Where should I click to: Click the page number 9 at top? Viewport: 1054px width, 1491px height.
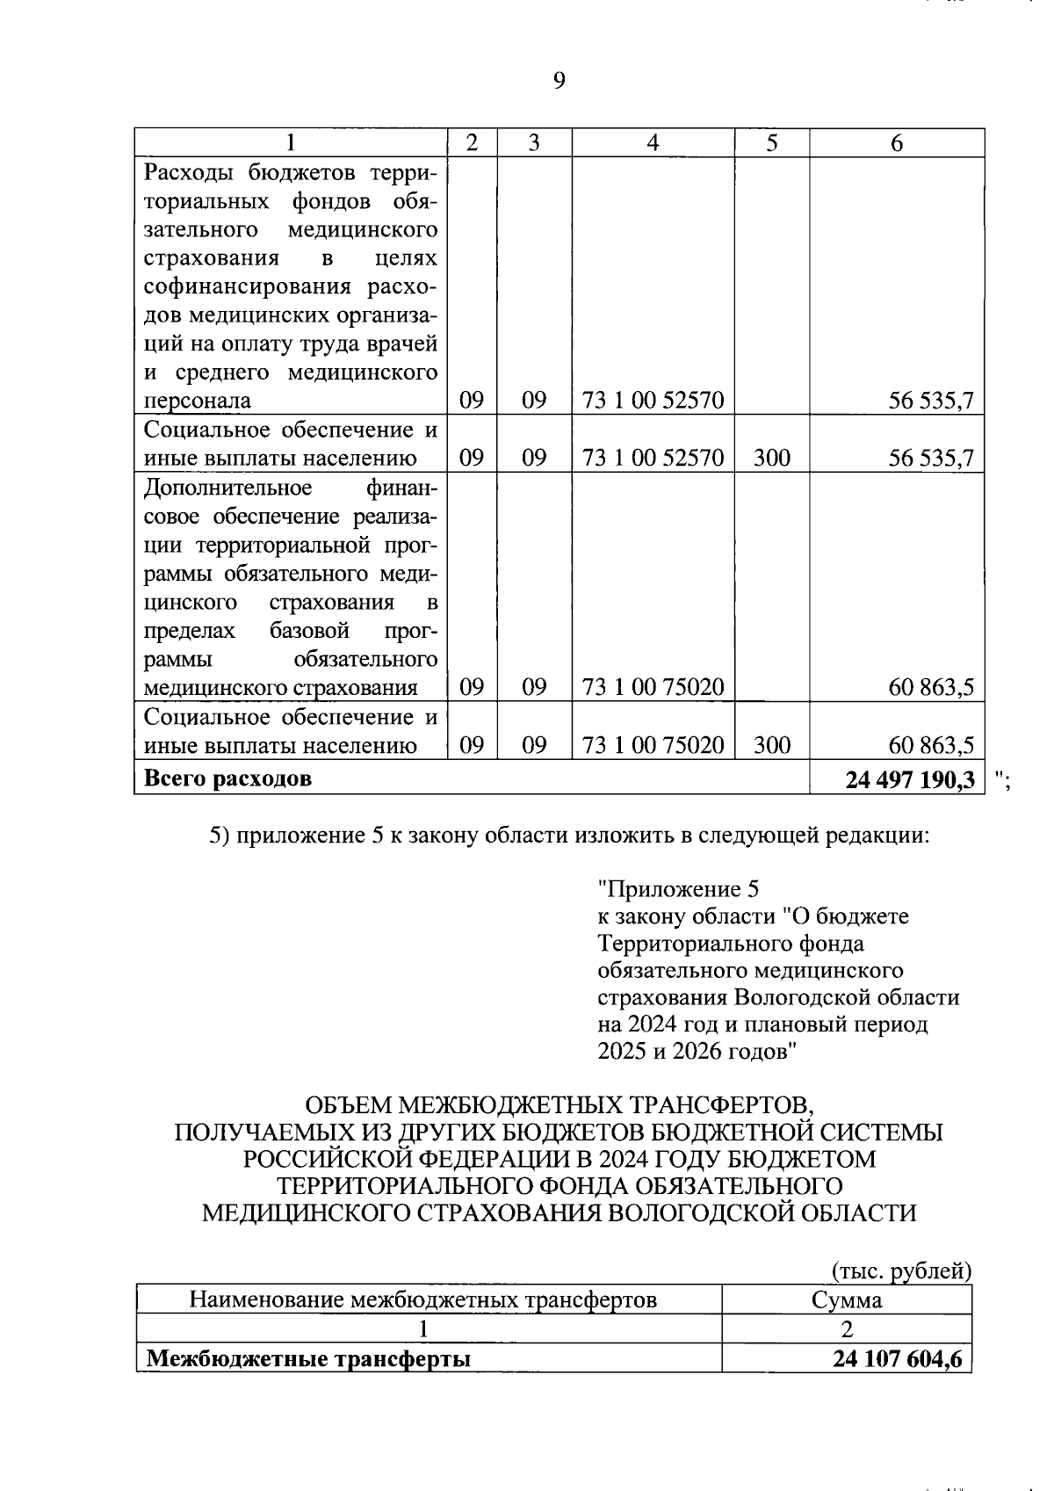tap(559, 82)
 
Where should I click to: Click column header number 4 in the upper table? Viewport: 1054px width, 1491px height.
tap(653, 143)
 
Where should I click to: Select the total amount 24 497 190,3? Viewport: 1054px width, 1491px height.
tap(910, 778)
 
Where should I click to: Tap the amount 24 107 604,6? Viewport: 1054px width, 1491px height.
tap(898, 1359)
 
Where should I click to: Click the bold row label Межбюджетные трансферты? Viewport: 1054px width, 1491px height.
tap(308, 1359)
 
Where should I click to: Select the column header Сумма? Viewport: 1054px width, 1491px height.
tap(846, 1300)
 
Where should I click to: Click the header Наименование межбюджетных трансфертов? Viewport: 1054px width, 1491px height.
tap(423, 1300)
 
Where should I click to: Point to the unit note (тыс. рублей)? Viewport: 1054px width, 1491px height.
tap(901, 1270)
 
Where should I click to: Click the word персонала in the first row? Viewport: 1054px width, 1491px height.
tap(197, 401)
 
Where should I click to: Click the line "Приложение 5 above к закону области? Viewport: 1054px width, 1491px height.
tap(677, 889)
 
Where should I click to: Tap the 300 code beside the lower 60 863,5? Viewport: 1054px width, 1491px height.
tap(771, 746)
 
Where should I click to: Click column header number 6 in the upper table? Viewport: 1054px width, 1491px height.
tap(896, 143)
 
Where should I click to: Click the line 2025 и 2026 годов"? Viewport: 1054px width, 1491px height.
tap(697, 1051)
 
